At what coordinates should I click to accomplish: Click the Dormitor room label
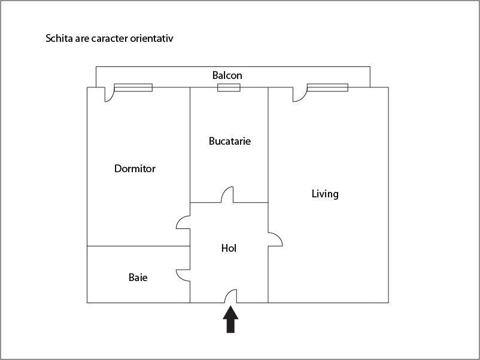coord(135,169)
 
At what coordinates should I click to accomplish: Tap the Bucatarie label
coord(230,141)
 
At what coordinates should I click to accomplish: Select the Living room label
coord(325,194)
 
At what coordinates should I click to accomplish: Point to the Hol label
coord(229,248)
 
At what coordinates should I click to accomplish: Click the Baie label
coord(138,277)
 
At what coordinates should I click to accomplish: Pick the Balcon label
coord(227,75)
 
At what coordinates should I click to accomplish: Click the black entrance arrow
coord(230,319)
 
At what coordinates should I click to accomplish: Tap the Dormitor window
coord(133,87)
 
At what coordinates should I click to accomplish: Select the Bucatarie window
coord(229,87)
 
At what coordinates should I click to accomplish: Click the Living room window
coord(327,87)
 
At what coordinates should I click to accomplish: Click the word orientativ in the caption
coord(151,38)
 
